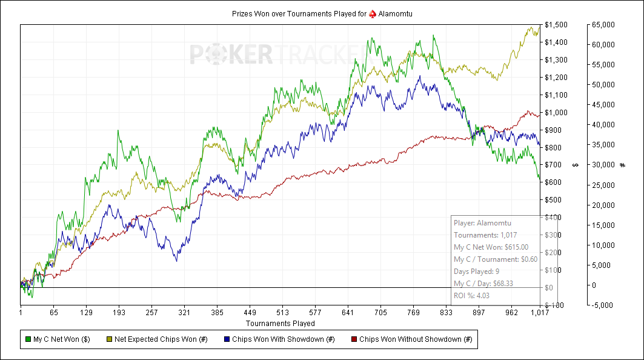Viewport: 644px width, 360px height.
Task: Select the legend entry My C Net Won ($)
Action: pyautogui.click(x=61, y=339)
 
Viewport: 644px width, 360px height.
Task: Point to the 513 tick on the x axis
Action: pyautogui.click(x=282, y=313)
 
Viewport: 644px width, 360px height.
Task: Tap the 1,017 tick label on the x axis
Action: pyautogui.click(x=539, y=313)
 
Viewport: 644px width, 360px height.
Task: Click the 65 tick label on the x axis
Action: pyautogui.click(x=53, y=313)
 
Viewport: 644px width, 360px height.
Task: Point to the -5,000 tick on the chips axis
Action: pyautogui.click(x=602, y=305)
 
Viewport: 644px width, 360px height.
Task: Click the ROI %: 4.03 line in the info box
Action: pyautogui.click(x=472, y=295)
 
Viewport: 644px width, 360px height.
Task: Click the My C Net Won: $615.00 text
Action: pyautogui.click(x=491, y=247)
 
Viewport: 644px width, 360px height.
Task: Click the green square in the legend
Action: pyautogui.click(x=28, y=339)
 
